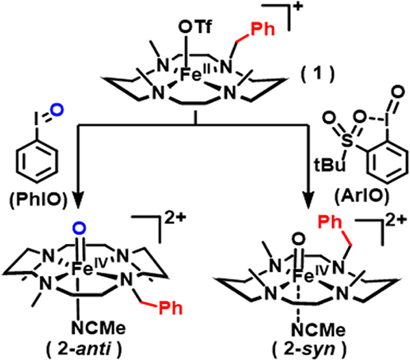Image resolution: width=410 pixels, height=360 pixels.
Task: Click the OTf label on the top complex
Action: [186, 25]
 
